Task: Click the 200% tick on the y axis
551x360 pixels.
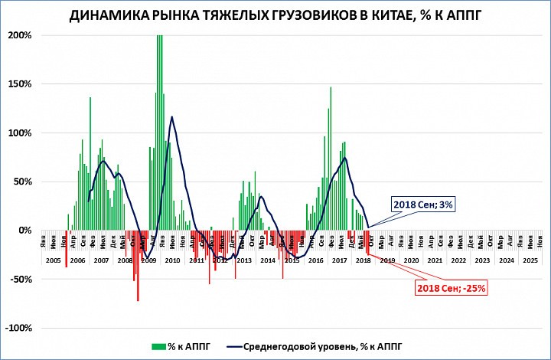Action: click(20, 35)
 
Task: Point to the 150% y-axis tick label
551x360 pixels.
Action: click(20, 84)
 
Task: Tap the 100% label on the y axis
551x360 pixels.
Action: click(20, 133)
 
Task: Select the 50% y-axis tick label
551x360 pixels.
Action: click(22, 182)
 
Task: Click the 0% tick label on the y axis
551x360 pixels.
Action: click(24, 231)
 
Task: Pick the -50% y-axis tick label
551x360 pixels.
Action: click(21, 280)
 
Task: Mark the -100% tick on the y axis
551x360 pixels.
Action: click(18, 329)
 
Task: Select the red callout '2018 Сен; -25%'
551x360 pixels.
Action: click(452, 288)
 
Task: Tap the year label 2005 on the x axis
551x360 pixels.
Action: click(53, 260)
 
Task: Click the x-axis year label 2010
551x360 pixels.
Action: click(172, 260)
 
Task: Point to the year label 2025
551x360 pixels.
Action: click(530, 260)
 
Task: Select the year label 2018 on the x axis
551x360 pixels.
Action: click(363, 260)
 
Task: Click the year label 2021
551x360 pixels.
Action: click(434, 260)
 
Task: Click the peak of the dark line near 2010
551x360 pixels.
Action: click(171, 117)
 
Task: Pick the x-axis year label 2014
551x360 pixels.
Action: click(267, 260)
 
